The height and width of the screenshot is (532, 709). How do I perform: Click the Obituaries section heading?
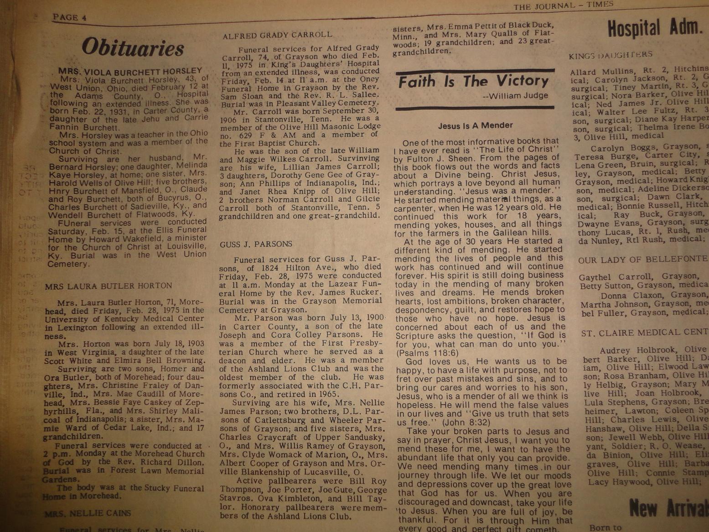pyautogui.click(x=133, y=47)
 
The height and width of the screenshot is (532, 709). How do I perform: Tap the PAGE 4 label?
pyautogui.click(x=69, y=18)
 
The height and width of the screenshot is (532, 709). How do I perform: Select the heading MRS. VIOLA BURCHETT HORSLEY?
pyautogui.click(x=130, y=71)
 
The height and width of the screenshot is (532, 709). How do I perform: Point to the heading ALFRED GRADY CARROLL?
pyautogui.click(x=277, y=35)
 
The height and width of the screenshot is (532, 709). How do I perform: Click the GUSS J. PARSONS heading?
pyautogui.click(x=256, y=245)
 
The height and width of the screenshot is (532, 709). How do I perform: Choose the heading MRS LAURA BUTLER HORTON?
pyautogui.click(x=109, y=286)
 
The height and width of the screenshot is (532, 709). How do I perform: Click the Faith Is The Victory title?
pyautogui.click(x=473, y=82)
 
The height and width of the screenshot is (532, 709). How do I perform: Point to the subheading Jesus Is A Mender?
pyautogui.click(x=475, y=125)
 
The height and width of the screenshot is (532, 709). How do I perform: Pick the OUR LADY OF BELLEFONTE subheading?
pyautogui.click(x=642, y=259)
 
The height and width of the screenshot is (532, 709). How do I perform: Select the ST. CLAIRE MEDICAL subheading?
pyautogui.click(x=644, y=333)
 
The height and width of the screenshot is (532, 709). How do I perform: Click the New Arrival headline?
pyautogui.click(x=668, y=507)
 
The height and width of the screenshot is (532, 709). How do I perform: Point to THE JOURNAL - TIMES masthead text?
pyautogui.click(x=563, y=6)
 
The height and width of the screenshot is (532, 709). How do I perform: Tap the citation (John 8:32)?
pyautogui.click(x=466, y=423)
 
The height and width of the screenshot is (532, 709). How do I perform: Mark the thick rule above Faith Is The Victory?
pyautogui.click(x=475, y=72)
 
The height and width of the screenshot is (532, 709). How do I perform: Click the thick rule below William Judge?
pyautogui.click(x=475, y=108)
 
